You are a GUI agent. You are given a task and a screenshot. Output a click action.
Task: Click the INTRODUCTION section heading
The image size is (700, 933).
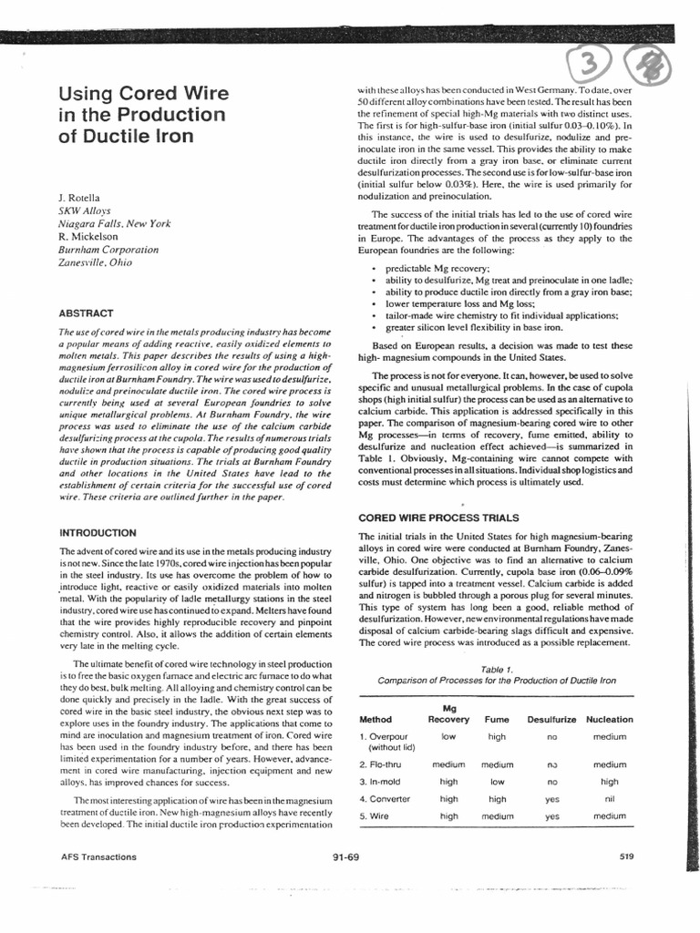103,531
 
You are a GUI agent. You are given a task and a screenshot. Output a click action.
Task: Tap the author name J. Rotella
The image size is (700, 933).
83,198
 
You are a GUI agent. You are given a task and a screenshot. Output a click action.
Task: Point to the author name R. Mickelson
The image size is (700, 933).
91,235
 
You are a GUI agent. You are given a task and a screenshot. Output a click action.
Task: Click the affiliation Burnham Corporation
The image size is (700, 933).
108,249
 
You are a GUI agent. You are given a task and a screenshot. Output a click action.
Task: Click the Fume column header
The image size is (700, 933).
497,719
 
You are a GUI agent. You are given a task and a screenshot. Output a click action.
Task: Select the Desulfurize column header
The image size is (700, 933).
551,719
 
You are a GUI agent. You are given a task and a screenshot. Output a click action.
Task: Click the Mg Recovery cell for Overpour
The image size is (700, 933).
448,735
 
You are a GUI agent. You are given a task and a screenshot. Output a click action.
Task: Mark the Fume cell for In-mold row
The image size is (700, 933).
497,781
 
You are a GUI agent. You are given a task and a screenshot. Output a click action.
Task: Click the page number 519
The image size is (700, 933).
626,856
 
